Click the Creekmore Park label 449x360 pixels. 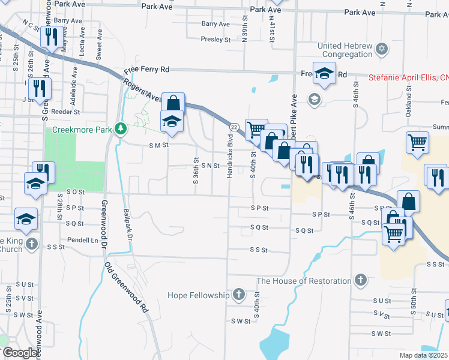83,129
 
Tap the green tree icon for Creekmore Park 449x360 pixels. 120,129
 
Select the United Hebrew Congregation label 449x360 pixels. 345,50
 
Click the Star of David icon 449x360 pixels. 381,47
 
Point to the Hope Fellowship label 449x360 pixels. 200,295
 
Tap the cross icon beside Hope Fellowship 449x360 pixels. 239,295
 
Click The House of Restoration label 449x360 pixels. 304,281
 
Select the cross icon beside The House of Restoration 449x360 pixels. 360,280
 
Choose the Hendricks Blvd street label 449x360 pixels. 229,155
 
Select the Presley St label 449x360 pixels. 215,40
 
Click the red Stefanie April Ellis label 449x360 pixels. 408,77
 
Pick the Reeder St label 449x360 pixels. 65,112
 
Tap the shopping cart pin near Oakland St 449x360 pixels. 417,142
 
